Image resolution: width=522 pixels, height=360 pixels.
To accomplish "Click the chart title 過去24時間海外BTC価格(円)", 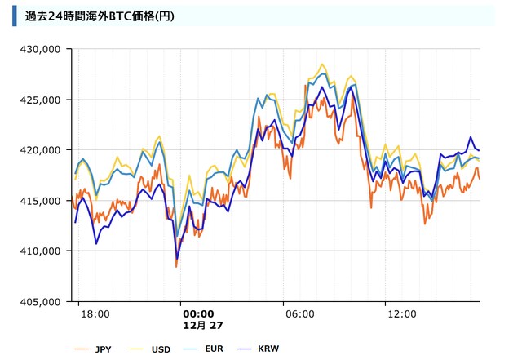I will pos(99,16).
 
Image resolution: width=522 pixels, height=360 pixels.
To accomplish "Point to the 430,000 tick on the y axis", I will pos(41,49).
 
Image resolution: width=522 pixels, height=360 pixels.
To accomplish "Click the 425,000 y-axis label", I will pos(41,100).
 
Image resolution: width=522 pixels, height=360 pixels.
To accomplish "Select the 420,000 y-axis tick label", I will pos(41,150).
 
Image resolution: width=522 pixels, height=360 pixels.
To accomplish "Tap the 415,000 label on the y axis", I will pos(41,201).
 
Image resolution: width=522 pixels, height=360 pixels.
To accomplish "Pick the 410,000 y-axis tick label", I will pos(41,251).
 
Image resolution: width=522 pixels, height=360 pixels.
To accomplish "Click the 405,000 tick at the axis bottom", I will pos(41,302).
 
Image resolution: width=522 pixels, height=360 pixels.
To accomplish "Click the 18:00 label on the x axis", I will pos(96,313).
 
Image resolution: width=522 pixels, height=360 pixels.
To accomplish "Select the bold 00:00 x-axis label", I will pos(198,313).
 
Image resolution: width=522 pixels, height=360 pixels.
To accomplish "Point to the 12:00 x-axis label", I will pos(402,313).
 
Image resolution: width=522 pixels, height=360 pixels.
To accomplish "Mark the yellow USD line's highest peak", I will pos(323,64).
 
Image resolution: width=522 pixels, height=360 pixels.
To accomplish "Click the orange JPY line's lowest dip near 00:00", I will pos(176,266).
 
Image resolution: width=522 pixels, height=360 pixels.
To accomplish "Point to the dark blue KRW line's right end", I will pos(479,150).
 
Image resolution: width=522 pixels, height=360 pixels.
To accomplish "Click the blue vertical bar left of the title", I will pos(15,16).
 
